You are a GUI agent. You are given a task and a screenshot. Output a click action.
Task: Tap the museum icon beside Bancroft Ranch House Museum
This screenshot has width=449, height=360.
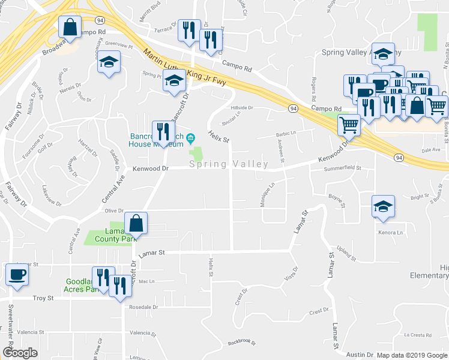click(190, 139)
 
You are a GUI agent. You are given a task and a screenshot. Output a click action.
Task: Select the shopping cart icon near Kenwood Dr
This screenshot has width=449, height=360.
click(349, 125)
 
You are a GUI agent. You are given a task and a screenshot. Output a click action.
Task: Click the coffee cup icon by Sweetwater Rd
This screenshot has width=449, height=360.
click(16, 275)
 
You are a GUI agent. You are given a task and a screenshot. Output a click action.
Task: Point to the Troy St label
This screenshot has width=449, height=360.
click(43, 298)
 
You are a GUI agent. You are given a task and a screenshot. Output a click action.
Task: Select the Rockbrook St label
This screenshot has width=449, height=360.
click(242, 343)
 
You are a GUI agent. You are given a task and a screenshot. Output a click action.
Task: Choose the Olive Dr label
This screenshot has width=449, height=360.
click(114, 211)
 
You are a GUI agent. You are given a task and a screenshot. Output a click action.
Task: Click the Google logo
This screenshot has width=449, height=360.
click(20, 353)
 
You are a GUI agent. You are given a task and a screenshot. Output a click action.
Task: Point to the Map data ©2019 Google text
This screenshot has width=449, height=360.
click(412, 355)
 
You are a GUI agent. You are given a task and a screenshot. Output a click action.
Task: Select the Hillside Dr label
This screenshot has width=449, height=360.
click(243, 108)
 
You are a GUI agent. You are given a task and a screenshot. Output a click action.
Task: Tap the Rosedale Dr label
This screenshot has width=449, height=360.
click(143, 307)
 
